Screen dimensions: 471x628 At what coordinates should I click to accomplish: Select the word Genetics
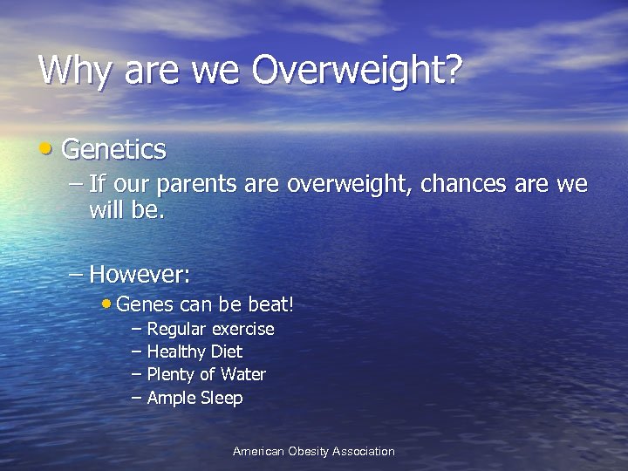(113, 150)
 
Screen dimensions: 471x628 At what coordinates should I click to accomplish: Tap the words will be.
(126, 210)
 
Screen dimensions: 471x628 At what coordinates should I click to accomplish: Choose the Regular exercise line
(210, 329)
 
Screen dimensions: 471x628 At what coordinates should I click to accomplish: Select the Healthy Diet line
(195, 352)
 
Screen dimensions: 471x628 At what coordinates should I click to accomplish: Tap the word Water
(242, 374)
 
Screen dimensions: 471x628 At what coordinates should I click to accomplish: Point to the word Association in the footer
(364, 451)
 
